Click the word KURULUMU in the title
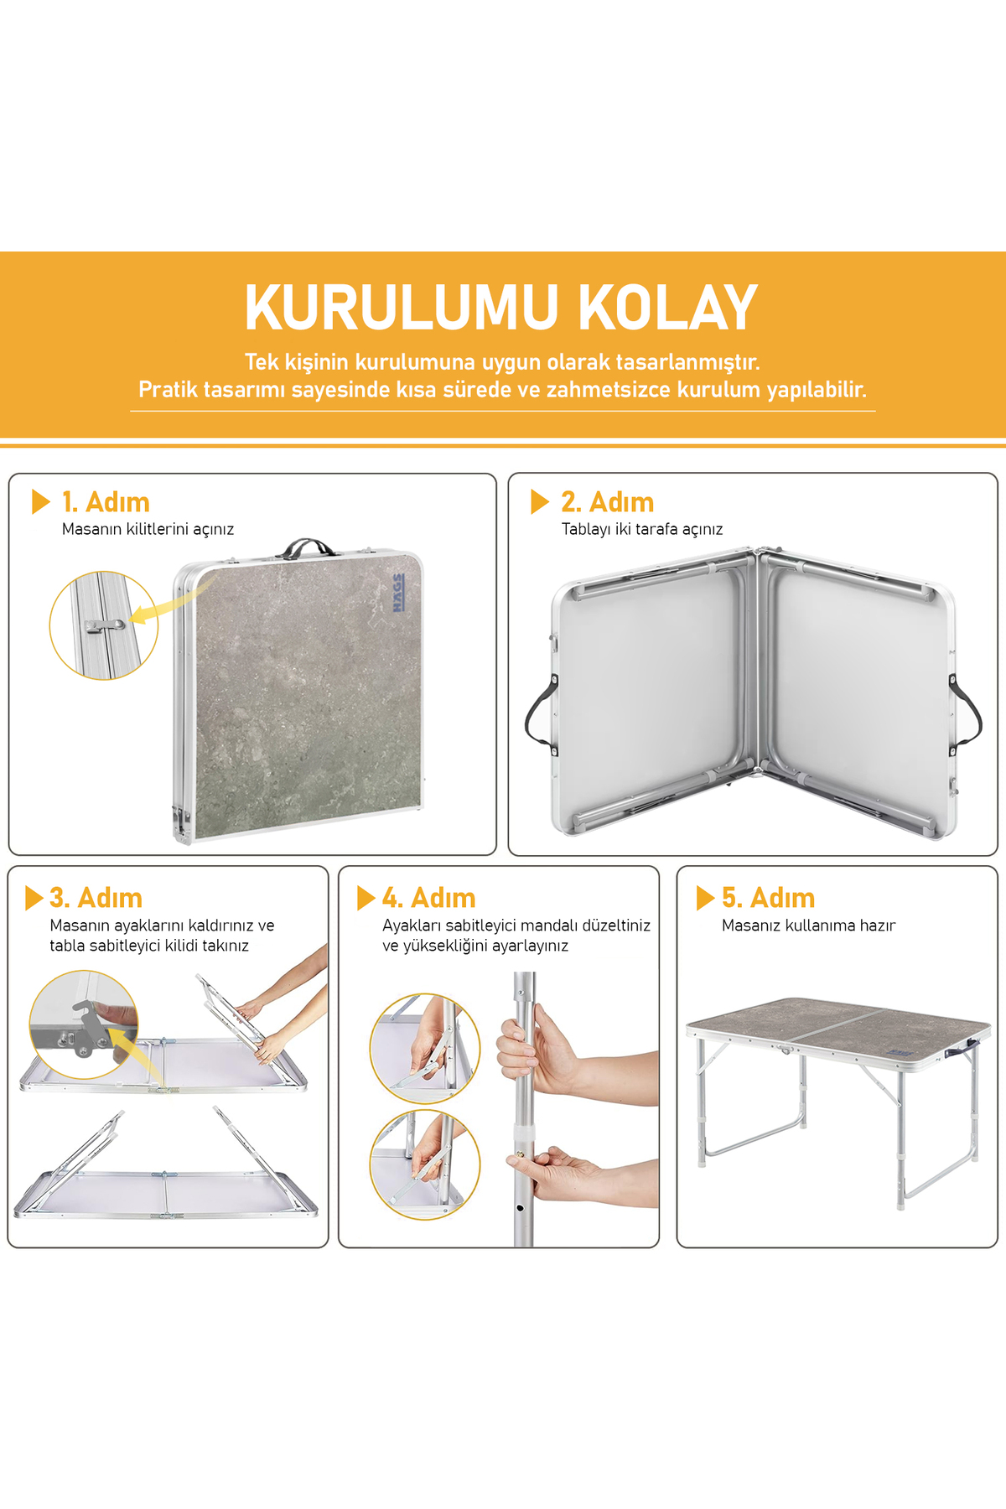[402, 308]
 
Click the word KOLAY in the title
[668, 308]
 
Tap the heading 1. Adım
[106, 502]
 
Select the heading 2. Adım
[608, 502]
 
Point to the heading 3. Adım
[96, 898]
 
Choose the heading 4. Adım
[428, 898]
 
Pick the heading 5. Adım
[768, 898]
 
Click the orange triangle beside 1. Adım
[41, 501]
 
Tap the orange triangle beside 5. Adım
[705, 898]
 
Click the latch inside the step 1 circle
[104, 625]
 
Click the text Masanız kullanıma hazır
[808, 926]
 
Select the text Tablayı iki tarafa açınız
[642, 529]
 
